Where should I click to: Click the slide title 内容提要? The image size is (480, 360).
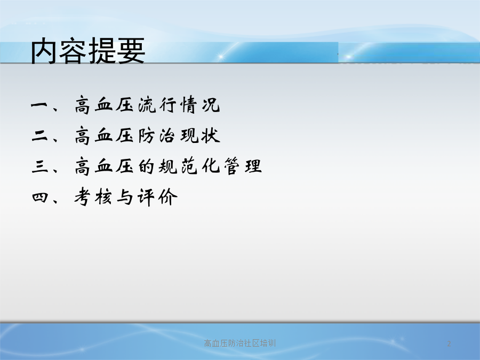tap(88, 51)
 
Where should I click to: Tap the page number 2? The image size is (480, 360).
tap(449, 343)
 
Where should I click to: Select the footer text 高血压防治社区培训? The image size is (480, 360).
tap(239, 343)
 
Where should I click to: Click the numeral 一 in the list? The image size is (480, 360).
tap(39, 105)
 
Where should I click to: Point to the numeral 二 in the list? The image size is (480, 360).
tap(39, 135)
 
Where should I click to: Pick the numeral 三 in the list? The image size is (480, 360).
tap(39, 166)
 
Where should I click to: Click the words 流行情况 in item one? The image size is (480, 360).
tap(179, 105)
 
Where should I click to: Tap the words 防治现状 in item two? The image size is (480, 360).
tap(179, 135)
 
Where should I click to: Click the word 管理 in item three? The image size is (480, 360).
tap(243, 166)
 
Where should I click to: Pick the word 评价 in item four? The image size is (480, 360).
tap(157, 197)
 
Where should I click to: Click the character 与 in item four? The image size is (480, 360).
tap(125, 197)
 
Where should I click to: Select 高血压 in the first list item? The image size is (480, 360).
tap(104, 105)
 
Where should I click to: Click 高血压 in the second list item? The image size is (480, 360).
tap(104, 135)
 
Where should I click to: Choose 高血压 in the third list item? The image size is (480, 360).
tap(104, 166)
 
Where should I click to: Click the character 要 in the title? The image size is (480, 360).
tap(131, 51)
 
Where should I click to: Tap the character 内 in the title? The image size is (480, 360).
tap(44, 51)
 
